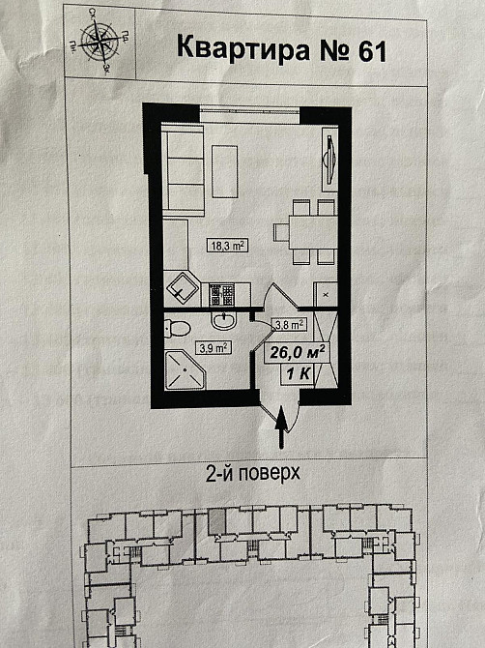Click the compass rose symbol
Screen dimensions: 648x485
pyautogui.click(x=100, y=40)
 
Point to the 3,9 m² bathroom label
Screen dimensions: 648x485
pyautogui.click(x=213, y=347)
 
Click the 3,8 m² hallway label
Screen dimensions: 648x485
pyautogui.click(x=289, y=326)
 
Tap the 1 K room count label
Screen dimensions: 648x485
pyautogui.click(x=298, y=373)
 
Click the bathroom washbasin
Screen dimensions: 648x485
pyautogui.click(x=224, y=322)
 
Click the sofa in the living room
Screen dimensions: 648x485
pyautogui.click(x=180, y=171)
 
